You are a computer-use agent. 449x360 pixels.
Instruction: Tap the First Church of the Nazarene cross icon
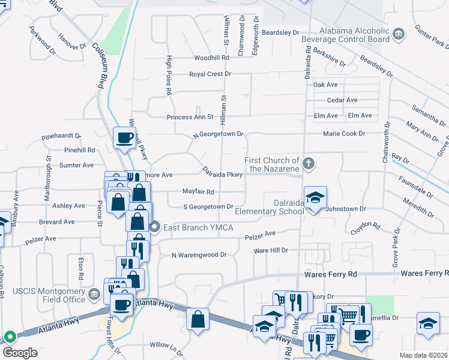308,163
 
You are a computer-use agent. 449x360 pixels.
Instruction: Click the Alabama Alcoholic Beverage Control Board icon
398,32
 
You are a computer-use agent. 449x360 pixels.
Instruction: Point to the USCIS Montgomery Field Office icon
94,294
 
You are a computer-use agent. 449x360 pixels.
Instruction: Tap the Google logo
20,353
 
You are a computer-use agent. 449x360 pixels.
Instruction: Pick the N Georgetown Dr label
218,135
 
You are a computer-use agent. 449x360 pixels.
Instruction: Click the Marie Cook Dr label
343,133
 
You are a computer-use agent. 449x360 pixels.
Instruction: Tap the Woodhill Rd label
212,58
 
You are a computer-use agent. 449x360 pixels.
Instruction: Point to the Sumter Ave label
76,165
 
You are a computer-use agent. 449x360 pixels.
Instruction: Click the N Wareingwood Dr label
199,255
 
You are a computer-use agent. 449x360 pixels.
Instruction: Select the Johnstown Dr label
345,209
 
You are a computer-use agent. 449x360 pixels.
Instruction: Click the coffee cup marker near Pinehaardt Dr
124,138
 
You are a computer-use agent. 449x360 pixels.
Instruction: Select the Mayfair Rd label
198,192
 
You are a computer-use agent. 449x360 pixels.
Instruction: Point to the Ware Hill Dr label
271,250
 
